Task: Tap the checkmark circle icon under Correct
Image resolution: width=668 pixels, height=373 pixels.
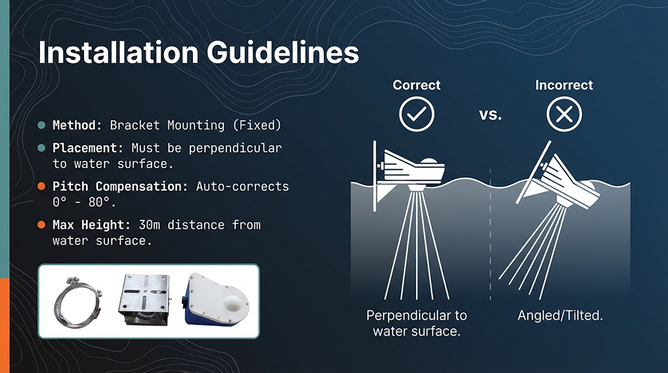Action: (x=416, y=114)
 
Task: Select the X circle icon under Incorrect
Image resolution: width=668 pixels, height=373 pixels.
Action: (x=564, y=114)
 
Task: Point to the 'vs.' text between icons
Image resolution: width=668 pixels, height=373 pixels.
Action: (x=490, y=114)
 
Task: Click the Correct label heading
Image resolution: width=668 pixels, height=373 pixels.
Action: (x=416, y=86)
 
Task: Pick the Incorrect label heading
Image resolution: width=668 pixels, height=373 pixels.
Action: (x=564, y=86)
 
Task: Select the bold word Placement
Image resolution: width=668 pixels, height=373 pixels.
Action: (x=88, y=148)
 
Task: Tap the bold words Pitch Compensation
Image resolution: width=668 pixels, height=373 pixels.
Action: (x=121, y=186)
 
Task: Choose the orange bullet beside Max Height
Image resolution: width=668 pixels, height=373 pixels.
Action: (x=41, y=225)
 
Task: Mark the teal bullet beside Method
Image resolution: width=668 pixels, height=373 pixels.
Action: (x=41, y=125)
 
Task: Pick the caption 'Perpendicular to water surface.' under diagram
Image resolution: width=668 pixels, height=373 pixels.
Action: (x=417, y=323)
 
